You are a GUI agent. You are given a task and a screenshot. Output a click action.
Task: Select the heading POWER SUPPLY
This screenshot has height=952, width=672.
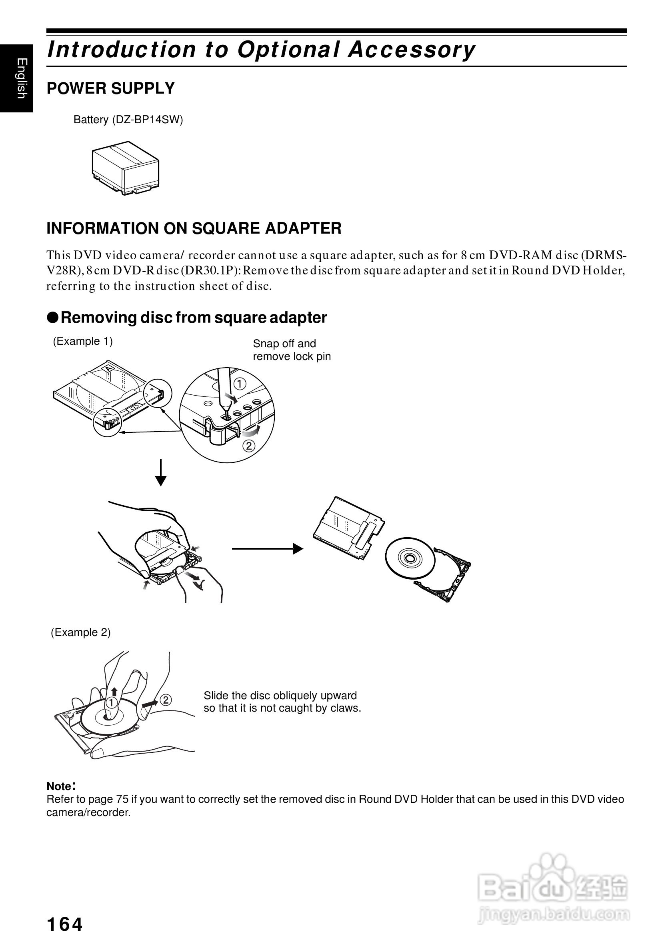tap(111, 88)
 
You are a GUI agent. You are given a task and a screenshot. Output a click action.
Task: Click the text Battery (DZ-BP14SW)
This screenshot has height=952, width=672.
tap(128, 120)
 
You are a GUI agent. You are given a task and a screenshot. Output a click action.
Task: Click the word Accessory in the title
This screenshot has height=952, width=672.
tap(412, 50)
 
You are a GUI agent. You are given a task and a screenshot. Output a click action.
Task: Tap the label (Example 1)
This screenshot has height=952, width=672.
tap(82, 341)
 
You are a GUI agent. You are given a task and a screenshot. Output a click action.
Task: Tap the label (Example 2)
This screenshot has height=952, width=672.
tap(80, 632)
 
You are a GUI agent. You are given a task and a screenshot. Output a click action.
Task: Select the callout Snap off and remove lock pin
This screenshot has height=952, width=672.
tap(292, 350)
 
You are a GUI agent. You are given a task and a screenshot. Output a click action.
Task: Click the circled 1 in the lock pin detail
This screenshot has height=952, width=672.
tap(240, 384)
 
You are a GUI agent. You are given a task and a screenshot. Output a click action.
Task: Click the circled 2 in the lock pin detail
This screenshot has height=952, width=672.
tap(249, 446)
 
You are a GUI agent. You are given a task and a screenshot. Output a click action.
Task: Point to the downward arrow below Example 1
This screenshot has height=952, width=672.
tap(161, 473)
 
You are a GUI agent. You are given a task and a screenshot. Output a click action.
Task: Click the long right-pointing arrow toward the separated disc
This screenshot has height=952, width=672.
tap(267, 548)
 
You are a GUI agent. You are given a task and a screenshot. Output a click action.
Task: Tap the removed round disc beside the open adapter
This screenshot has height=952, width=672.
tap(410, 558)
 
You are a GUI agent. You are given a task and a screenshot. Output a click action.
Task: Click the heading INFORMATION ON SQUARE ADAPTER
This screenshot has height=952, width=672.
tap(194, 228)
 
